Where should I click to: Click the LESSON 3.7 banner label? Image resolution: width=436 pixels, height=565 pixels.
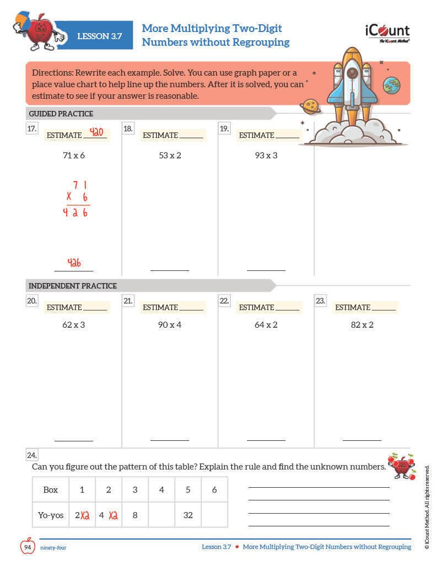pos(99,36)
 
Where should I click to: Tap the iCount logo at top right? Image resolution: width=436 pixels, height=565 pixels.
pos(387,33)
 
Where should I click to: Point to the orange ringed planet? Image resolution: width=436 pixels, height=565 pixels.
pos(311,105)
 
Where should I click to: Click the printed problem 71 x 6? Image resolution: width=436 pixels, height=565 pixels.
pos(74,156)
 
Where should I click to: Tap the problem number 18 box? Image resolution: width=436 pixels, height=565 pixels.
pos(128,129)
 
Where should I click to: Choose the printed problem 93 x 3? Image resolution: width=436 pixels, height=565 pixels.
pos(266,156)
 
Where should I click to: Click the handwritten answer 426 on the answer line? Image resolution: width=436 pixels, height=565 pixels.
pos(74,263)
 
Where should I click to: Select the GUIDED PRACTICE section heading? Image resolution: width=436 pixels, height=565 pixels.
pos(61,114)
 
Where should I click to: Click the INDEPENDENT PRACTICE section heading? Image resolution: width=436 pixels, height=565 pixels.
pos(73,286)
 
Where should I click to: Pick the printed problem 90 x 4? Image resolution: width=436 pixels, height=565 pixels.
pos(170,325)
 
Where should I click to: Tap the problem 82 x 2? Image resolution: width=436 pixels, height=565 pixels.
pos(362,325)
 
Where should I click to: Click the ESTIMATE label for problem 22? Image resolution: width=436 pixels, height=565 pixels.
pos(256,307)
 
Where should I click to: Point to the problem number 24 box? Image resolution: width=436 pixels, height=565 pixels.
pos(32,455)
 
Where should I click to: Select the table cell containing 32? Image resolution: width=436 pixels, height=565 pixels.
pos(188,515)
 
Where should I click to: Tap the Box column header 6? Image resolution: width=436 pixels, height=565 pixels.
pos(214,489)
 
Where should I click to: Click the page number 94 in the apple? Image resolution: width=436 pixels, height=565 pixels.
pos(28,547)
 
